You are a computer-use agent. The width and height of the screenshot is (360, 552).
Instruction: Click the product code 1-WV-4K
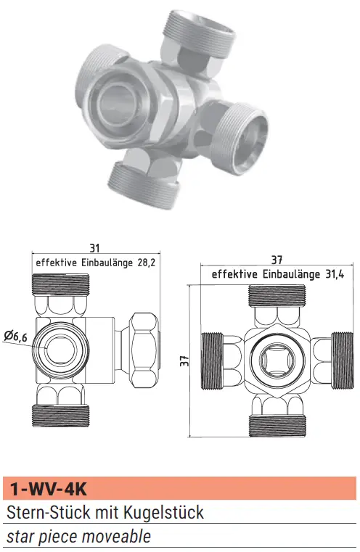click(48, 489)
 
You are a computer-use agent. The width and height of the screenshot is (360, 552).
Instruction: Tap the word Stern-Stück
click(48, 512)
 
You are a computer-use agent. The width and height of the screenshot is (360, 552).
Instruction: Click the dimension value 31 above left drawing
click(94, 248)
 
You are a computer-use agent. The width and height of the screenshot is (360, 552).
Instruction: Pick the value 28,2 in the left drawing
click(147, 263)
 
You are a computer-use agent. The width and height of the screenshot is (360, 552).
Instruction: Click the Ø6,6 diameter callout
click(16, 337)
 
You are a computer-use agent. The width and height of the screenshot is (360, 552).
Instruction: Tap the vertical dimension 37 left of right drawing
click(184, 361)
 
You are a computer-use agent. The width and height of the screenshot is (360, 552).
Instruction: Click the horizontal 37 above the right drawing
click(277, 260)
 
